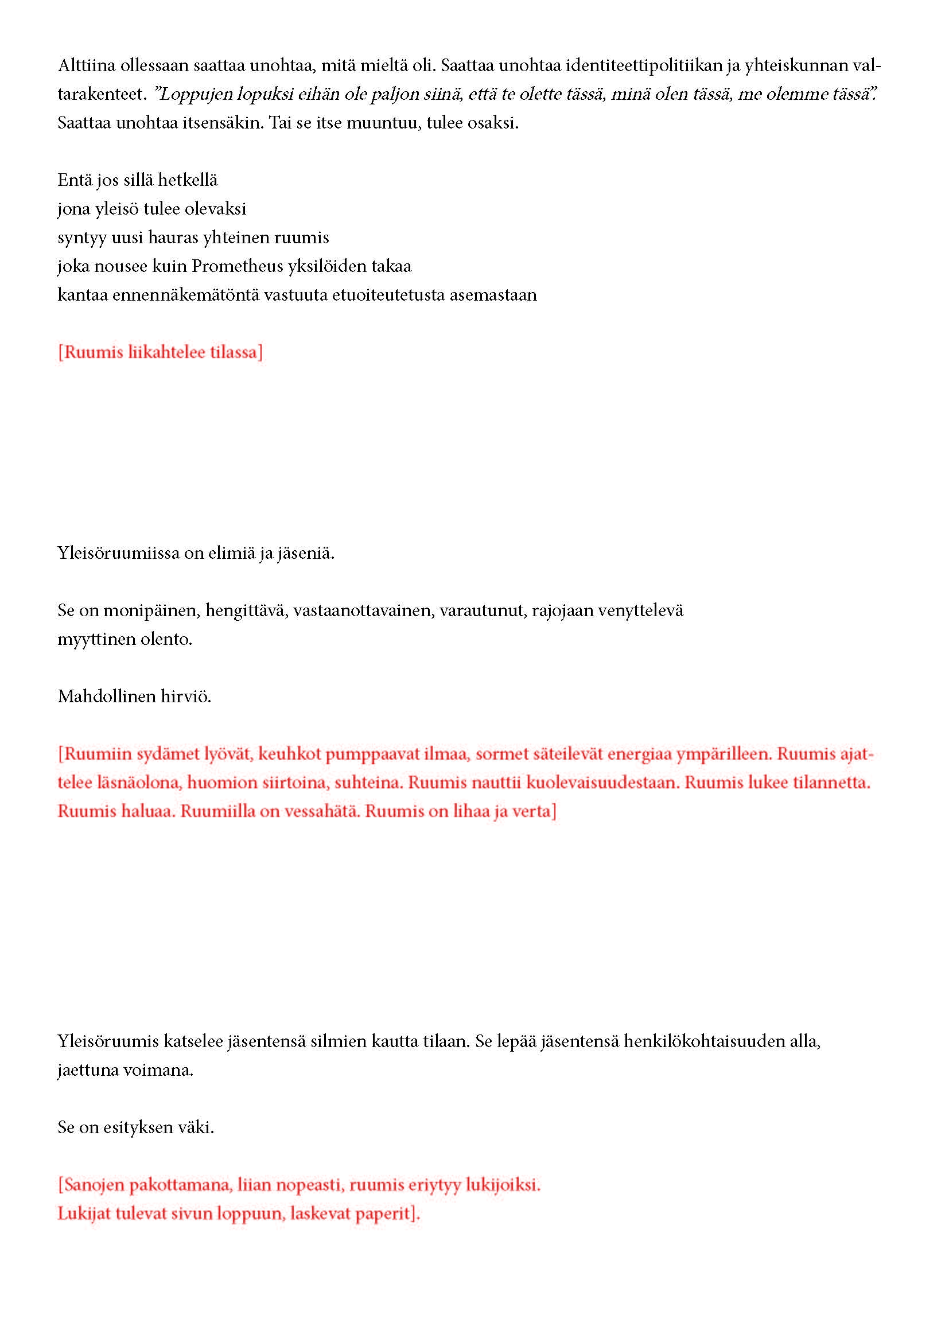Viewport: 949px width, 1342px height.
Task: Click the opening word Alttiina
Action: (86, 65)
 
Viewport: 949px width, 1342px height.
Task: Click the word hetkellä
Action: (188, 180)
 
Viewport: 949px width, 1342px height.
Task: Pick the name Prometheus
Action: (238, 267)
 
